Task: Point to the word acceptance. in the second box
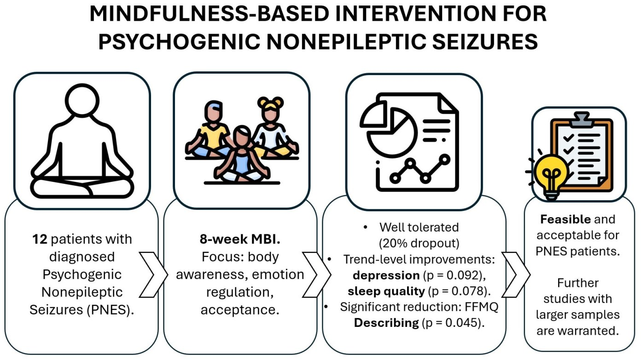[x=240, y=309]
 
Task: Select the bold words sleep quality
[x=386, y=291]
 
